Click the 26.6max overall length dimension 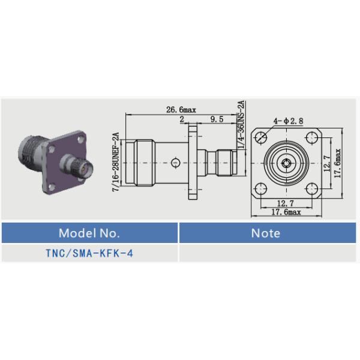point(181,110)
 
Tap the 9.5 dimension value point(217,119)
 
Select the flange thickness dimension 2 point(182,119)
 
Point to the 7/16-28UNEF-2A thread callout point(116,162)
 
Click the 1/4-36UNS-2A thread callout point(241,125)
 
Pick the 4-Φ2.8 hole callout point(288,121)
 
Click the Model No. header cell point(89,233)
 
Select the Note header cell point(268,233)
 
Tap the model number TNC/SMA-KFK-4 point(89,253)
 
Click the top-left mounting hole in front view point(261,137)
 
